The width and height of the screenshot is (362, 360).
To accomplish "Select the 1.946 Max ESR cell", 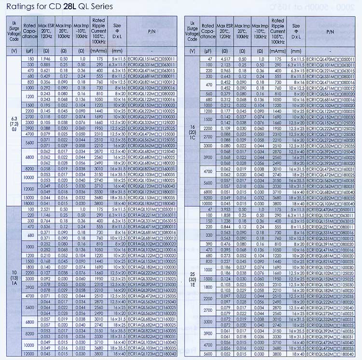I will click(x=46, y=58).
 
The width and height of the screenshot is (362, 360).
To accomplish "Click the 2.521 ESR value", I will click(x=46, y=210).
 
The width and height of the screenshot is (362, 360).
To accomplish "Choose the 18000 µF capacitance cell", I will click(x=30, y=203).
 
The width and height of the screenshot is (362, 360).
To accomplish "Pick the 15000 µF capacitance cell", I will click(x=30, y=197).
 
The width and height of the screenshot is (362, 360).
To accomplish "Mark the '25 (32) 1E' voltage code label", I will click(x=193, y=278).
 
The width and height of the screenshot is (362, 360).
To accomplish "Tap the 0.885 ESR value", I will click(x=46, y=64).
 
